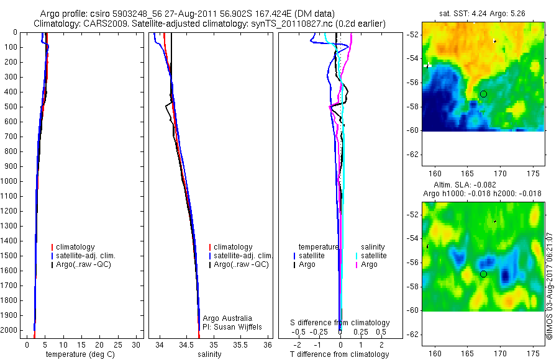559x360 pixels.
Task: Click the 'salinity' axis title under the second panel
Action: (209, 354)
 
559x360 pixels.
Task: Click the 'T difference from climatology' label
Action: (340, 354)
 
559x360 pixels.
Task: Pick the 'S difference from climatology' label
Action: (340, 323)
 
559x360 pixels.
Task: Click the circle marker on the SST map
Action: (483, 94)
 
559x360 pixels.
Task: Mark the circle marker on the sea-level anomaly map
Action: (483, 274)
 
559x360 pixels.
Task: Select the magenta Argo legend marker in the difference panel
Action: (357, 264)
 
